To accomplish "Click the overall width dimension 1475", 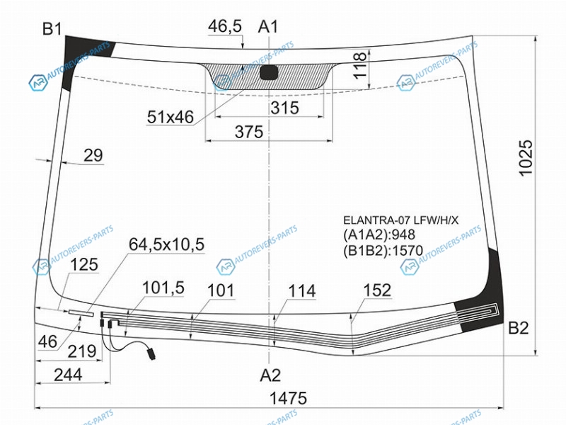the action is click(288, 398).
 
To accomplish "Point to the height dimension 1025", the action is click(526, 158).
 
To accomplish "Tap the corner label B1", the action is click(52, 28).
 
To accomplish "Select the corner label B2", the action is click(519, 328).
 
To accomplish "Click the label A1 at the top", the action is click(268, 27).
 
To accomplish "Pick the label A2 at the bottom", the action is click(270, 375).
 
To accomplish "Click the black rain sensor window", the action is click(270, 72).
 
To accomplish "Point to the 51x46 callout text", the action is click(171, 117).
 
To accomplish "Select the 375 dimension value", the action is click(249, 132).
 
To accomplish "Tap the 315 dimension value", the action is click(285, 108).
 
